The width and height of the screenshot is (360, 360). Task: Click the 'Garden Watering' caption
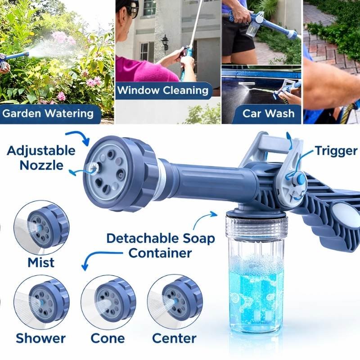coord(48,113)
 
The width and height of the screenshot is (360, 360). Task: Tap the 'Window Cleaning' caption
coord(163,90)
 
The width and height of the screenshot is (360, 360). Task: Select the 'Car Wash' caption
coord(268,113)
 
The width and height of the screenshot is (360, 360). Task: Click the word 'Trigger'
coord(336,151)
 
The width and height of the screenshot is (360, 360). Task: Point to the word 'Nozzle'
coord(41,165)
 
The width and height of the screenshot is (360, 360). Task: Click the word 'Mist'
coord(41,262)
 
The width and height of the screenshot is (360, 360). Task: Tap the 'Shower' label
coord(40,338)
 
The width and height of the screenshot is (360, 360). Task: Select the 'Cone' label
coord(108,338)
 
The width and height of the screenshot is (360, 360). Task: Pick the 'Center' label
coord(174,338)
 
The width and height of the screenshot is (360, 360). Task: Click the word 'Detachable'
coord(143,238)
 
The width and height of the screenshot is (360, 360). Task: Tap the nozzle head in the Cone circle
coord(115,300)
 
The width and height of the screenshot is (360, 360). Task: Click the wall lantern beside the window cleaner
coord(165,43)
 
